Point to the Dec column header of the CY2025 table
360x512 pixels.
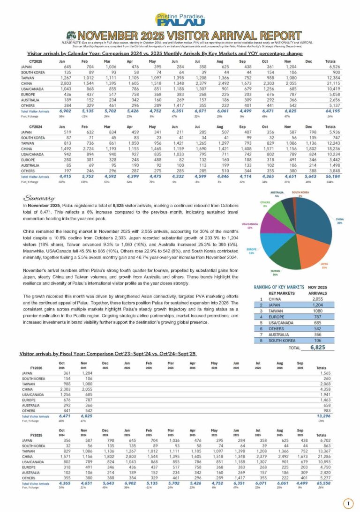[x=307, y=61]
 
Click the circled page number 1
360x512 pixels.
[x=347, y=504]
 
